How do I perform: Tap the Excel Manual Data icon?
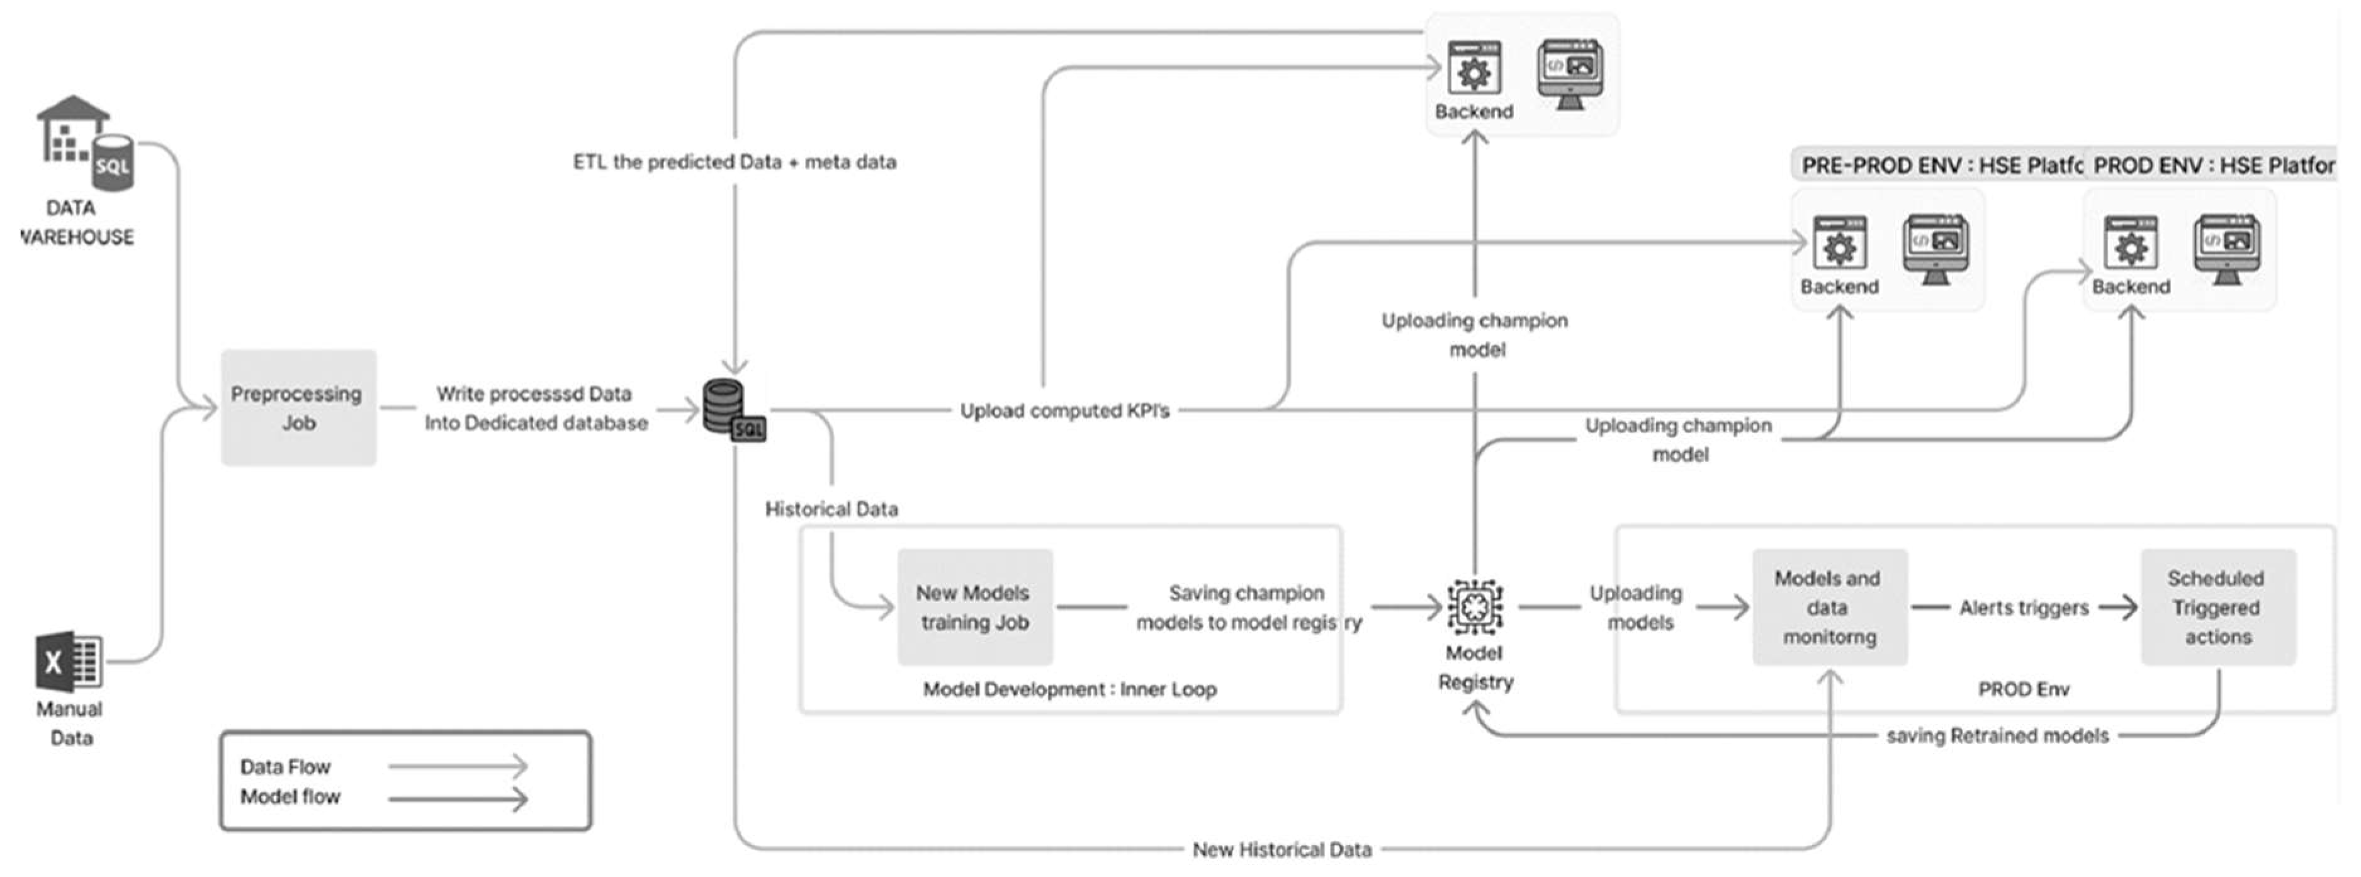pos(69,660)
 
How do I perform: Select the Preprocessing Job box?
pos(298,408)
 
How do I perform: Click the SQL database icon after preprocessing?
pos(732,410)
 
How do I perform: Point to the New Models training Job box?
pos(974,607)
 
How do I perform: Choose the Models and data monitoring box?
pos(1829,607)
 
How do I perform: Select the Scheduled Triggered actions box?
pos(2217,607)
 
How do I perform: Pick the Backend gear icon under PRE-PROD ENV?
pos(1839,245)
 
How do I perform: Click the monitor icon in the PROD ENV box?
pos(2226,247)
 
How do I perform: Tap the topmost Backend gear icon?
pos(1474,69)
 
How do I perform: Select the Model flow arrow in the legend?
pos(458,798)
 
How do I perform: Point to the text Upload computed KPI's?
pos(1064,410)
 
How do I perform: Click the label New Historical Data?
pos(1282,849)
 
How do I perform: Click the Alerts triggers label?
pos(2023,607)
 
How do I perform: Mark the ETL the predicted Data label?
pos(734,162)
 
